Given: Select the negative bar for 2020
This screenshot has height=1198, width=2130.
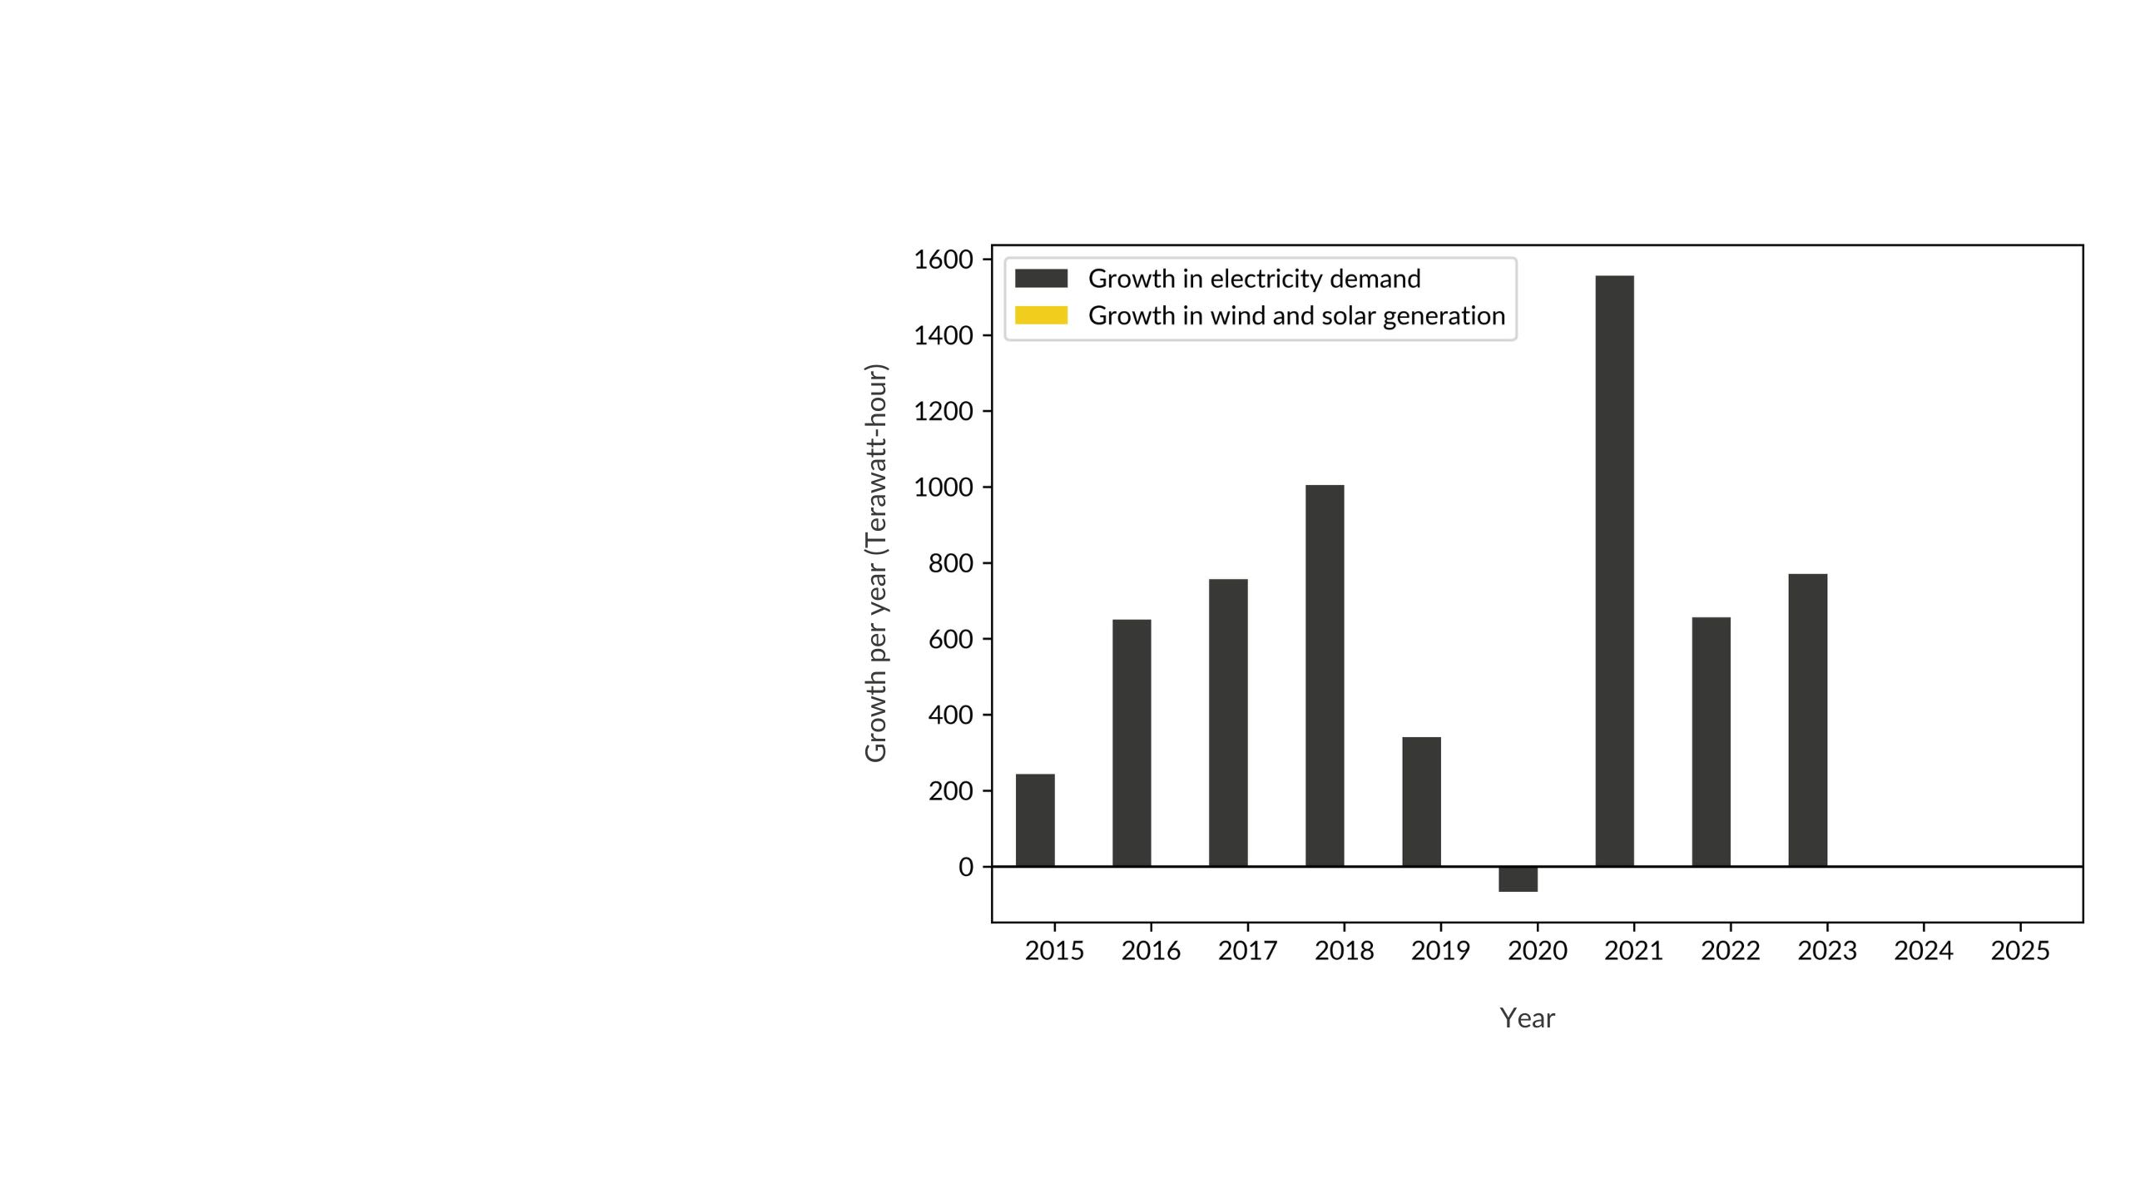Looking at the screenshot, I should (1518, 879).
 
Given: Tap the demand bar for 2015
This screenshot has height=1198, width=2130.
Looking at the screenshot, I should (1035, 820).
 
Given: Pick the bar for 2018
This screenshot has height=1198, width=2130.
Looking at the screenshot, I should (1325, 676).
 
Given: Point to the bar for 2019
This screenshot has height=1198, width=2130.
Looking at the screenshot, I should (1421, 801).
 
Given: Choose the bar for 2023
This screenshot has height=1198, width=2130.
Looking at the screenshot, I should (1807, 720).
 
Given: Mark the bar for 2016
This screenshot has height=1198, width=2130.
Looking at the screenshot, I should (1132, 743).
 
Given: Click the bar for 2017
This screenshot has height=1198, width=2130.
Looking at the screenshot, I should (1228, 722).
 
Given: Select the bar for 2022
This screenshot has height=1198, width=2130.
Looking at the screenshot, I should (1711, 741).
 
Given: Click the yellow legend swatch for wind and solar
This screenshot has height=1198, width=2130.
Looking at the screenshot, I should (1041, 315).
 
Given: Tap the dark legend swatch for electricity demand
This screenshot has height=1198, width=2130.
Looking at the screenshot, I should (1041, 279).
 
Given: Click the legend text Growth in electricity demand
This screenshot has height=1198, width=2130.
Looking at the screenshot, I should (1254, 279).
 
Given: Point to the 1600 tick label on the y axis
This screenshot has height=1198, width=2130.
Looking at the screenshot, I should (943, 260).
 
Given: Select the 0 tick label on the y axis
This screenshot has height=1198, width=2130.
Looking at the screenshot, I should (965, 867).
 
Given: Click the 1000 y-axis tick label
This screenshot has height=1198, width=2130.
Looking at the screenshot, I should (943, 488).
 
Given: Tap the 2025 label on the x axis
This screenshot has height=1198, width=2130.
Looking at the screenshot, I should (2019, 950).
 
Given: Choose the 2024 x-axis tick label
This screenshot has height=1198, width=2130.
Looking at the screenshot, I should (1923, 950).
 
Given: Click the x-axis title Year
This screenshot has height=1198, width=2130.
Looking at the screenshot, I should (1527, 1018).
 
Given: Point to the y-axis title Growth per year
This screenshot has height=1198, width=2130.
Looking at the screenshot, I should (876, 562).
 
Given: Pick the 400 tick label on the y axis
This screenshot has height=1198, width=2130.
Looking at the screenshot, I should (950, 715).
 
